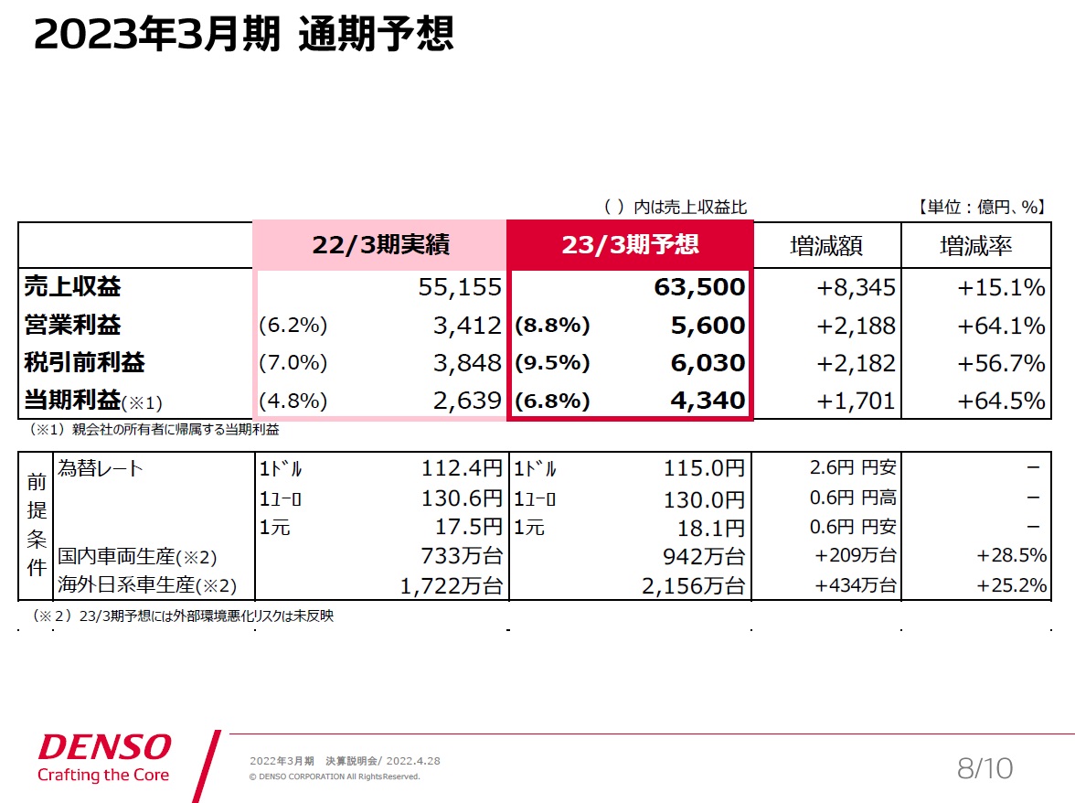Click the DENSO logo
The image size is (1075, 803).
(104, 747)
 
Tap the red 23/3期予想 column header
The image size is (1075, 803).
(630, 244)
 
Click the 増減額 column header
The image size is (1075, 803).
(826, 245)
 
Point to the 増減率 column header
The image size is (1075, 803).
(975, 245)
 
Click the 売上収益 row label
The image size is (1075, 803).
(72, 287)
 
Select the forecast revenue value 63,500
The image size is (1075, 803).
(700, 287)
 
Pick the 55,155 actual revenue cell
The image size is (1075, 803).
(460, 287)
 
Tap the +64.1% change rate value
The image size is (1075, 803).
(1001, 326)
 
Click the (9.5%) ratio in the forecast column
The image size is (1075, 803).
(553, 363)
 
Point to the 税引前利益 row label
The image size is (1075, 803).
(84, 363)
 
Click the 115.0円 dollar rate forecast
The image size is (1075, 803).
(704, 469)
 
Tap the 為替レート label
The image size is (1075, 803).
(101, 469)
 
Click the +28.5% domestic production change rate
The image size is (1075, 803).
(1010, 556)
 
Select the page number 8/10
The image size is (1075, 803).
(985, 768)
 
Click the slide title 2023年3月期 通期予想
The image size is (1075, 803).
(243, 35)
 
